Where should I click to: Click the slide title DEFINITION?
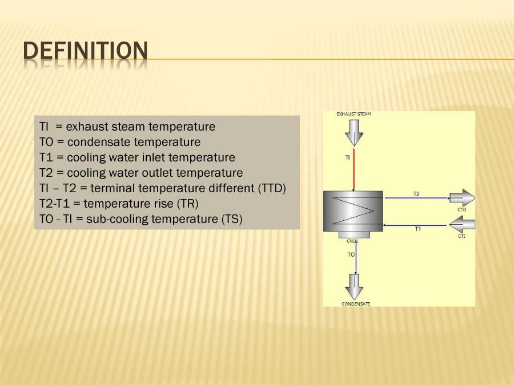pos(85,51)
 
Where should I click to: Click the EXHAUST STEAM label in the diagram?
pos(354,114)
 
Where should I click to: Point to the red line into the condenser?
pos(354,171)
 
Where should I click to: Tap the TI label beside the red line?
pos(347,157)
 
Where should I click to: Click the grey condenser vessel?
pos(353,211)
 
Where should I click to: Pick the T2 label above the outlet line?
pos(416,194)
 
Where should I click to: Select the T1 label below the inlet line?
pos(417,229)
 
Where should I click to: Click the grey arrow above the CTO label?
pos(462,198)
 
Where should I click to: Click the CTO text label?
pos(461,209)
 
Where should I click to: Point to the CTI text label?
pos(461,236)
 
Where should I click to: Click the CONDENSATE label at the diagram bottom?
pos(356,304)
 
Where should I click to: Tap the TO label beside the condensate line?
pos(351,254)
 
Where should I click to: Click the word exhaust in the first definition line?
pos(86,127)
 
